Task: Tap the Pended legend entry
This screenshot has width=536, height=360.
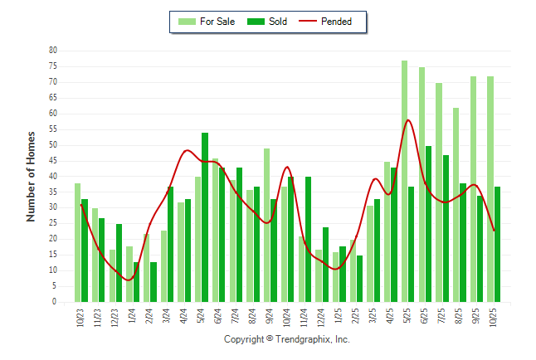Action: pos(336,22)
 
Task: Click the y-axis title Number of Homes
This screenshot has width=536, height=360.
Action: pos(31,176)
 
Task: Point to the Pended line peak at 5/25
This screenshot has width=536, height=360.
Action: pos(408,120)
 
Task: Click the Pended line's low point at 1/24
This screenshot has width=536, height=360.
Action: pos(129,280)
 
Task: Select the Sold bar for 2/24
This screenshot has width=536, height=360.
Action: pos(153,282)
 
